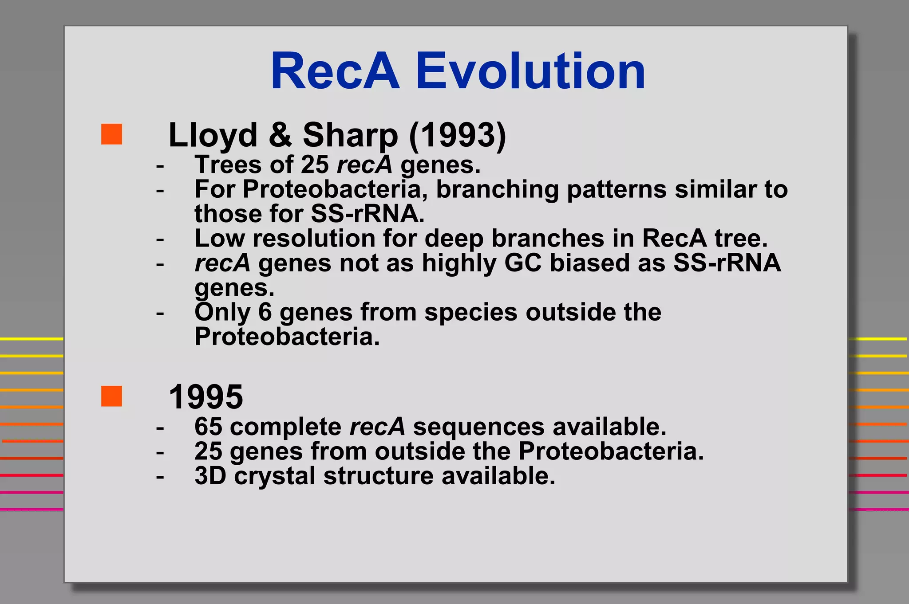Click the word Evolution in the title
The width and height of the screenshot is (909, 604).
530,71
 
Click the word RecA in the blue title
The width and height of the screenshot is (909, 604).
335,71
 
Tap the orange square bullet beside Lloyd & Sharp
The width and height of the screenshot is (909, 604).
111,134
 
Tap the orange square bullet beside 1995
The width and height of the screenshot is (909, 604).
111,396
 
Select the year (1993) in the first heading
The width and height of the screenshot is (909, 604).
457,135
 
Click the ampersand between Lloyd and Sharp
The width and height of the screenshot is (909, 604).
281,135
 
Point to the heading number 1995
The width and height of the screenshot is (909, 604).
206,397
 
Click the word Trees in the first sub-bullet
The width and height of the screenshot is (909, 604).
228,165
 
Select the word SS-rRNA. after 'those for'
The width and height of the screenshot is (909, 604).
368,214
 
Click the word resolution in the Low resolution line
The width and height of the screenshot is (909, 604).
314,238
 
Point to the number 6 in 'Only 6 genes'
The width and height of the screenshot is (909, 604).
265,312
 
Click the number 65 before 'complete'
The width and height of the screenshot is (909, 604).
208,427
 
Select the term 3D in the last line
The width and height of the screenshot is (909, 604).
210,476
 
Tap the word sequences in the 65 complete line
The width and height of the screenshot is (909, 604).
478,427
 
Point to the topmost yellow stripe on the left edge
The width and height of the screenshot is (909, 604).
31,339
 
